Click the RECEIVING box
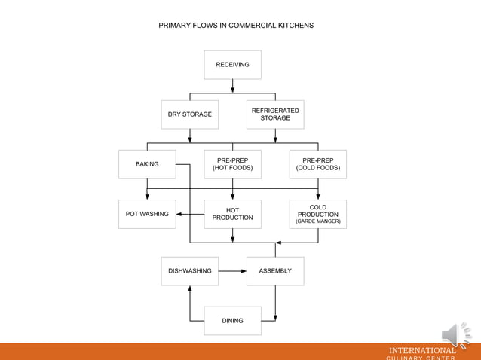pyautogui.click(x=232, y=65)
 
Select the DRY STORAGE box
pyautogui.click(x=189, y=114)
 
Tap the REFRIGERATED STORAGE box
pyautogui.click(x=275, y=114)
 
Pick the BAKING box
pyautogui.click(x=147, y=164)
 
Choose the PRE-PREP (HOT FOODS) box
pyautogui.click(x=232, y=164)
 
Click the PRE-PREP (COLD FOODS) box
pyautogui.click(x=317, y=164)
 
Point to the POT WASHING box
pyautogui.click(x=147, y=214)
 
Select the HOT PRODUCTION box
pyautogui.click(x=232, y=214)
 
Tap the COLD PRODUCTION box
pyautogui.click(x=317, y=214)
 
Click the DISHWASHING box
pyautogui.click(x=189, y=271)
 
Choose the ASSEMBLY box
pyautogui.click(x=275, y=271)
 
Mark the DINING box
pyautogui.click(x=232, y=321)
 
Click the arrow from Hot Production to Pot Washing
pyautogui.click(x=190, y=214)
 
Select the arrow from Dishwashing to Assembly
pyautogui.click(x=232, y=271)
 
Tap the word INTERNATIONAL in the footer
pyautogui.click(x=422, y=350)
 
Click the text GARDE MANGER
pyautogui.click(x=317, y=221)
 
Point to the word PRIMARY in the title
pyautogui.click(x=174, y=26)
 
